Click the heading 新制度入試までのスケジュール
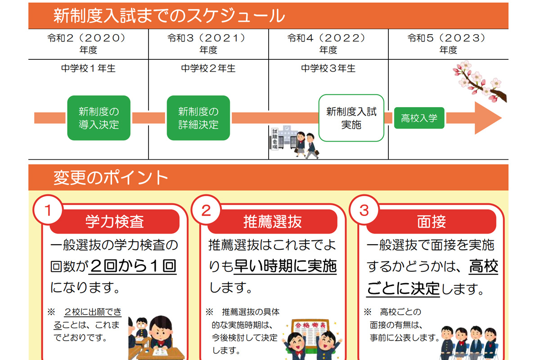(169, 16)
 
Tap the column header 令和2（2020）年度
(88, 44)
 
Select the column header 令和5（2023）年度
(448, 44)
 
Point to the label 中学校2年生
(208, 68)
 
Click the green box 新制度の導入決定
(99, 118)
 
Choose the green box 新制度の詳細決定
(198, 118)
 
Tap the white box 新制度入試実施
(351, 118)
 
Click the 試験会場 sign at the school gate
(275, 139)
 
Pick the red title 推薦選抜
(273, 221)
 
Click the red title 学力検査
(114, 221)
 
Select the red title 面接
(431, 221)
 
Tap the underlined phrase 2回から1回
(133, 266)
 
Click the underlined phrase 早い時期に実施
(285, 266)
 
